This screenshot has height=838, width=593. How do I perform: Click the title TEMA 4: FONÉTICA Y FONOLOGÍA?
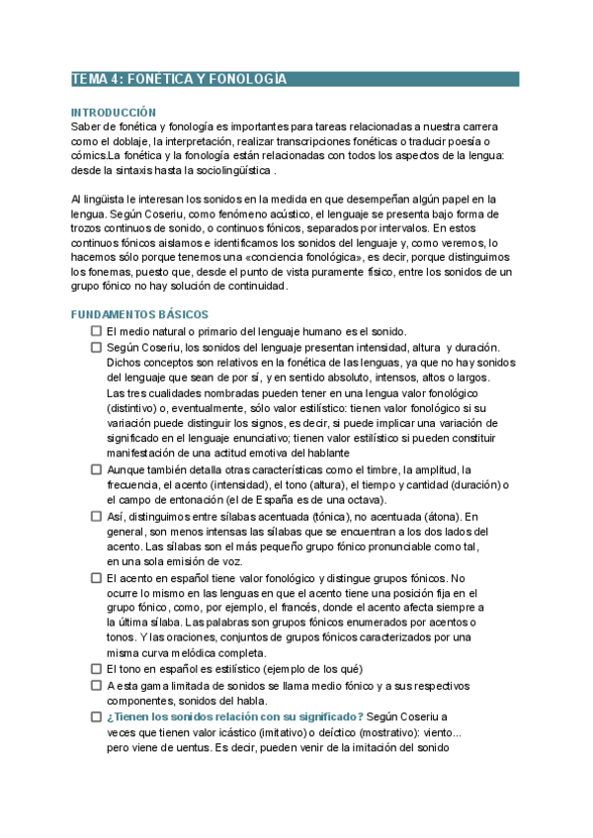(179, 79)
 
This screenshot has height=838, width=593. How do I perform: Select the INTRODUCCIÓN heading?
(114, 113)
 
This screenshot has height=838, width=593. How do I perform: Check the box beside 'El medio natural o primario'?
(96, 331)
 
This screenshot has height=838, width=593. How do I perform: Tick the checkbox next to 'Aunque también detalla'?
(96, 469)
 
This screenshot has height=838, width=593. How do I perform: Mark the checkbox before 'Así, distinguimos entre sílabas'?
(96, 516)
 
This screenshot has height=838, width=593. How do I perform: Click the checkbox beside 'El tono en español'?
(96, 669)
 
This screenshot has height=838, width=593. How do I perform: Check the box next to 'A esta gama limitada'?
(96, 685)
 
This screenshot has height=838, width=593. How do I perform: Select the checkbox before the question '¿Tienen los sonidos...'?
(96, 715)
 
